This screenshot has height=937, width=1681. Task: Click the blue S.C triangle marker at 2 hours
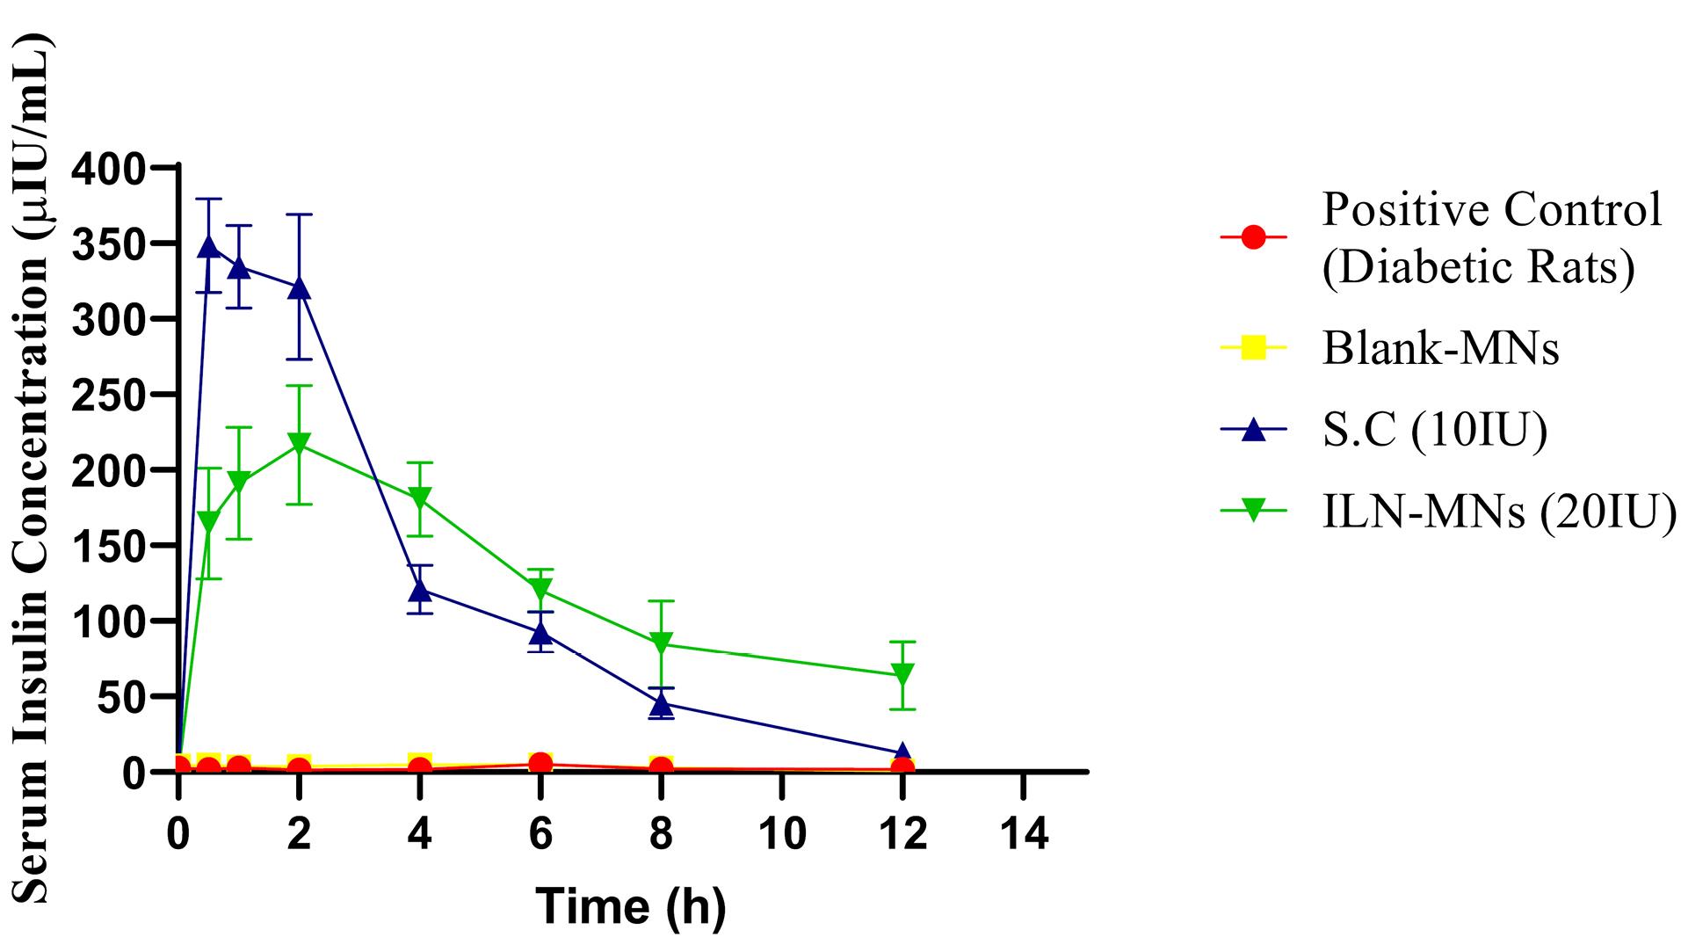click(x=300, y=287)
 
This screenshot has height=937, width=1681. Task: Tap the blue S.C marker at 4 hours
click(x=420, y=589)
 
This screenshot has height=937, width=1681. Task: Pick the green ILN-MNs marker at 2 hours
click(x=300, y=444)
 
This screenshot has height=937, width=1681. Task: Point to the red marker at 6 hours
click(x=540, y=763)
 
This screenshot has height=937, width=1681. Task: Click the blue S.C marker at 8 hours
click(x=662, y=703)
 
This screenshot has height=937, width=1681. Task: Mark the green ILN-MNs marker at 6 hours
click(x=540, y=589)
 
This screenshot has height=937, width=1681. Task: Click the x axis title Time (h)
click(x=631, y=906)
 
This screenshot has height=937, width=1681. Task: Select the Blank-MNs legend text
click(x=1440, y=349)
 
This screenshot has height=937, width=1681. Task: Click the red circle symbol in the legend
click(x=1254, y=237)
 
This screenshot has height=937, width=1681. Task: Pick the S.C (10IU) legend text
click(x=1435, y=431)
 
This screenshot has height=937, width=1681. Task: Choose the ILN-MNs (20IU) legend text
click(x=1499, y=512)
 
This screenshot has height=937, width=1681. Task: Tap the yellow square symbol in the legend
click(x=1254, y=349)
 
